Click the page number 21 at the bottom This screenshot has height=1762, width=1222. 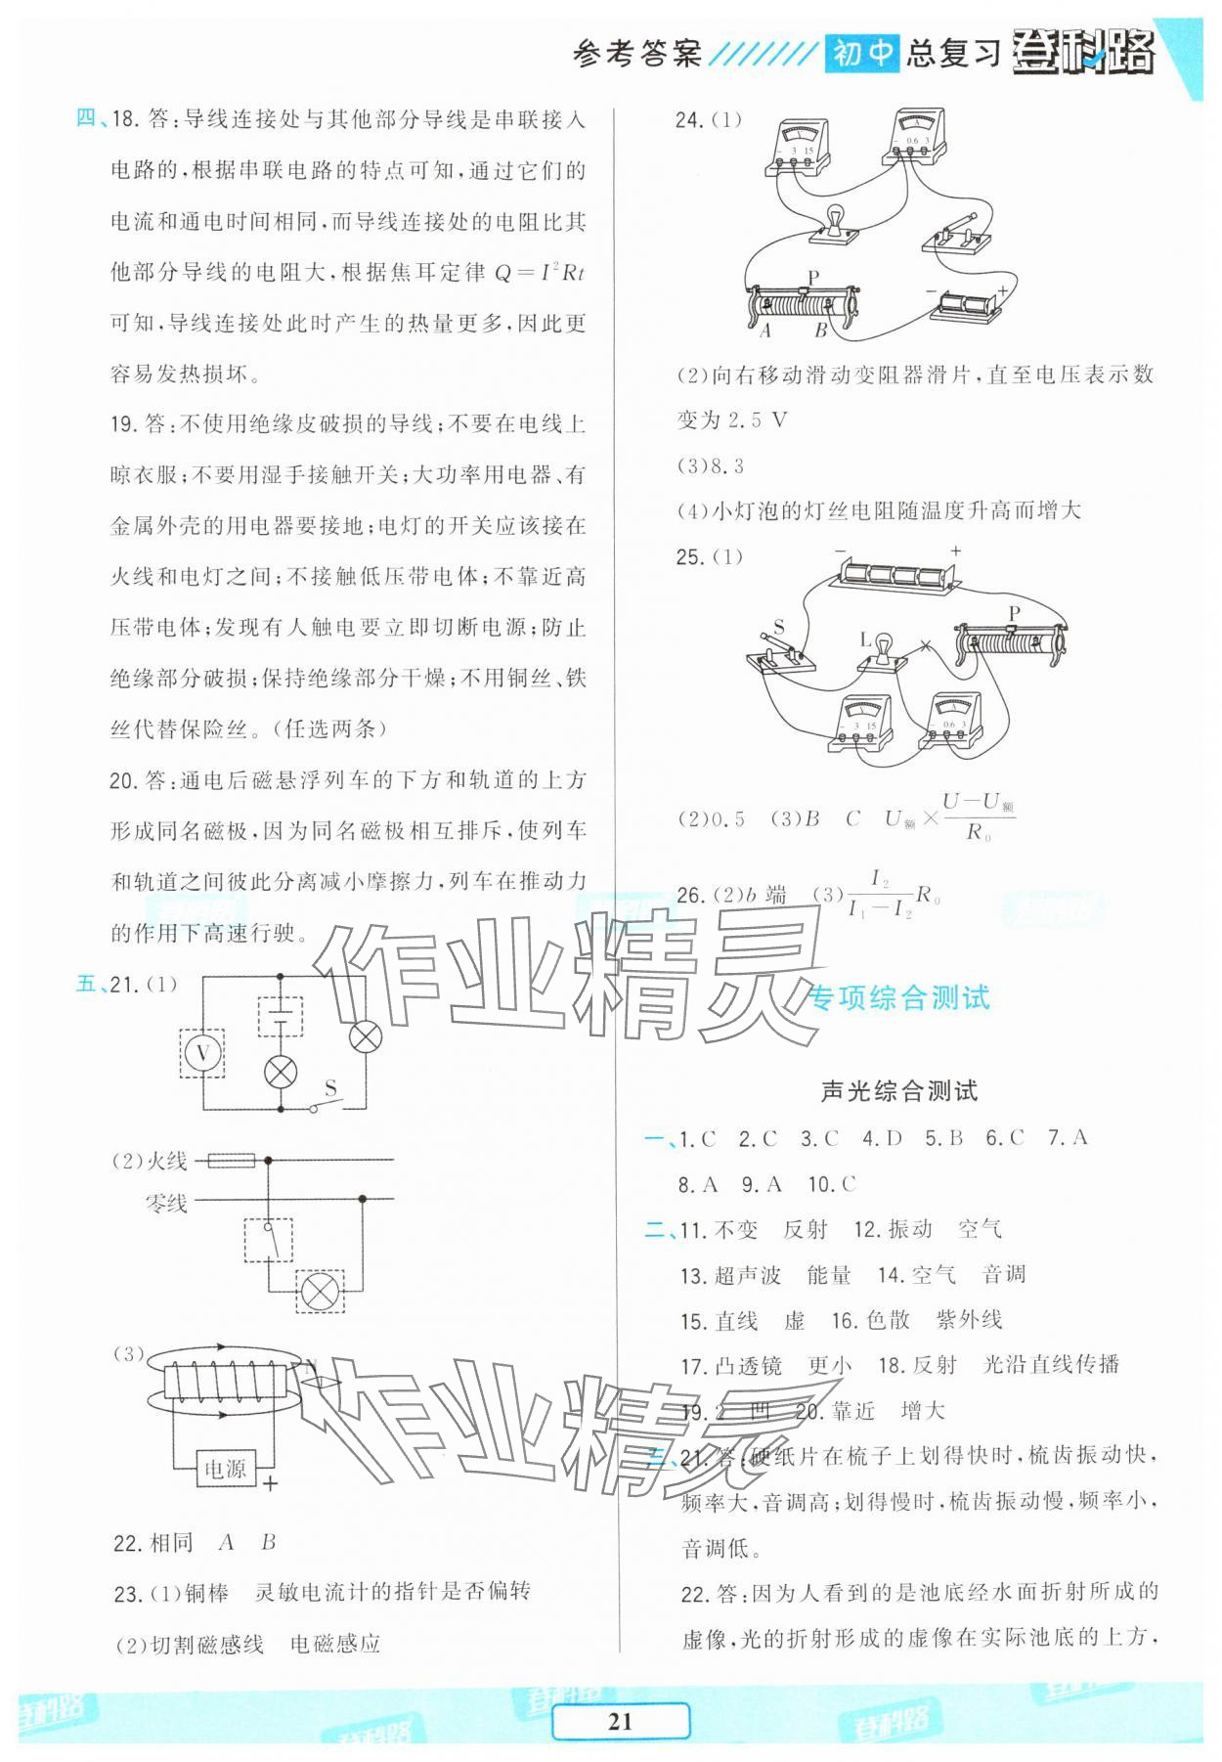pos(620,1722)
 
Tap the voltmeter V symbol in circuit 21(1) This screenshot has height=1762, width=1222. pos(203,1054)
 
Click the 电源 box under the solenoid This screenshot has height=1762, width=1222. pos(225,1468)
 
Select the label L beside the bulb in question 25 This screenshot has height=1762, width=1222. pos(865,639)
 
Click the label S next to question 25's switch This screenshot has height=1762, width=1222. pos(779,626)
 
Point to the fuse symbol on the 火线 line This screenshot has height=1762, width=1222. pos(232,1161)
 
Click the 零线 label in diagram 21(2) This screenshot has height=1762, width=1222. pos(166,1203)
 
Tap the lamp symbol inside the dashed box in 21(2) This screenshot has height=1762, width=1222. pos(319,1291)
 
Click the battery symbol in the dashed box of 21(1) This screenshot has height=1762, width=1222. pos(281,1017)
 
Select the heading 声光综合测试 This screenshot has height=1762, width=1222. pos(898,1091)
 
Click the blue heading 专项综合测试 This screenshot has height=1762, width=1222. pos(899,997)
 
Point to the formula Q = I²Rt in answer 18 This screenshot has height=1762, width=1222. pos(539,273)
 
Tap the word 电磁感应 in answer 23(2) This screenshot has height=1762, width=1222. pos(335,1644)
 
